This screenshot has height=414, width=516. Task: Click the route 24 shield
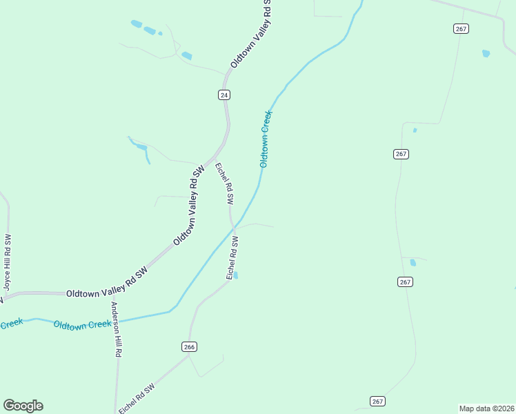(x=224, y=95)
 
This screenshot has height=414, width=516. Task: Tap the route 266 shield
(x=190, y=346)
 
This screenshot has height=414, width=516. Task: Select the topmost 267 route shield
(x=461, y=28)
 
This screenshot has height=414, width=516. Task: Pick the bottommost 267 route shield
(x=377, y=401)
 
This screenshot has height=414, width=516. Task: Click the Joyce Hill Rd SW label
(x=7, y=263)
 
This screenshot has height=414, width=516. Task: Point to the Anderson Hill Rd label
(x=117, y=329)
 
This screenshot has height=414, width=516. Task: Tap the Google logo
(x=23, y=406)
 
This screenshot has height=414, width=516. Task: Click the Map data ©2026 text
(x=486, y=408)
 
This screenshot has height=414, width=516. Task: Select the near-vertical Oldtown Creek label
(x=266, y=139)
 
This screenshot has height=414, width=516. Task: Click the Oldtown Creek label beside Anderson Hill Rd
(x=82, y=324)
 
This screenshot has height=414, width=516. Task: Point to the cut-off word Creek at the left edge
(x=11, y=323)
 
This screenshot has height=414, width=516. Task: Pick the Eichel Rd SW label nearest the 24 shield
(x=224, y=184)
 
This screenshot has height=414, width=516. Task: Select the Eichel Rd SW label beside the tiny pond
(x=232, y=257)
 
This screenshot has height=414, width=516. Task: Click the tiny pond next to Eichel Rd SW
(x=236, y=275)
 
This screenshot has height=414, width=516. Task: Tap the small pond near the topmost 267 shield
(x=486, y=53)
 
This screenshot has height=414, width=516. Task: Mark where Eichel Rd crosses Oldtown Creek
(x=234, y=227)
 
